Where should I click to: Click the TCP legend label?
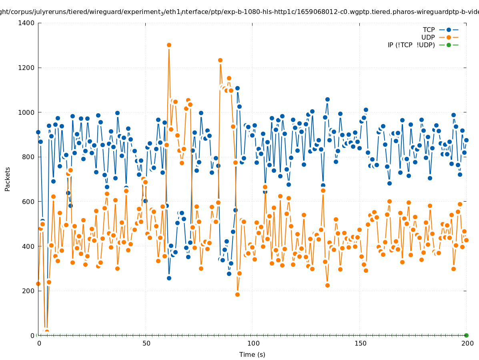click(x=429, y=30)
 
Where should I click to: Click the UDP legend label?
click(x=428, y=38)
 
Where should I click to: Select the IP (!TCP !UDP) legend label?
click(x=411, y=45)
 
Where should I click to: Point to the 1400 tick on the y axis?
click(x=27, y=23)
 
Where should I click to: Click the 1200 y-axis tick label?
click(x=27, y=68)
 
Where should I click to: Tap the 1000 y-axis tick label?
click(x=27, y=112)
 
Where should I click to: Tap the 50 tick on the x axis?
click(x=146, y=344)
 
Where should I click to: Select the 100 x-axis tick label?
click(x=253, y=344)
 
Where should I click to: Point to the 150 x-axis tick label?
click(x=360, y=344)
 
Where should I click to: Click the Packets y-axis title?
click(x=8, y=179)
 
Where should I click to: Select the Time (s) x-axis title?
click(x=252, y=355)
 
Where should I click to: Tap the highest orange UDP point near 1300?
click(x=169, y=45)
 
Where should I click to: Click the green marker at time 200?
click(x=466, y=335)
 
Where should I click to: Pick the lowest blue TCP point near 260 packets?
click(x=169, y=278)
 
